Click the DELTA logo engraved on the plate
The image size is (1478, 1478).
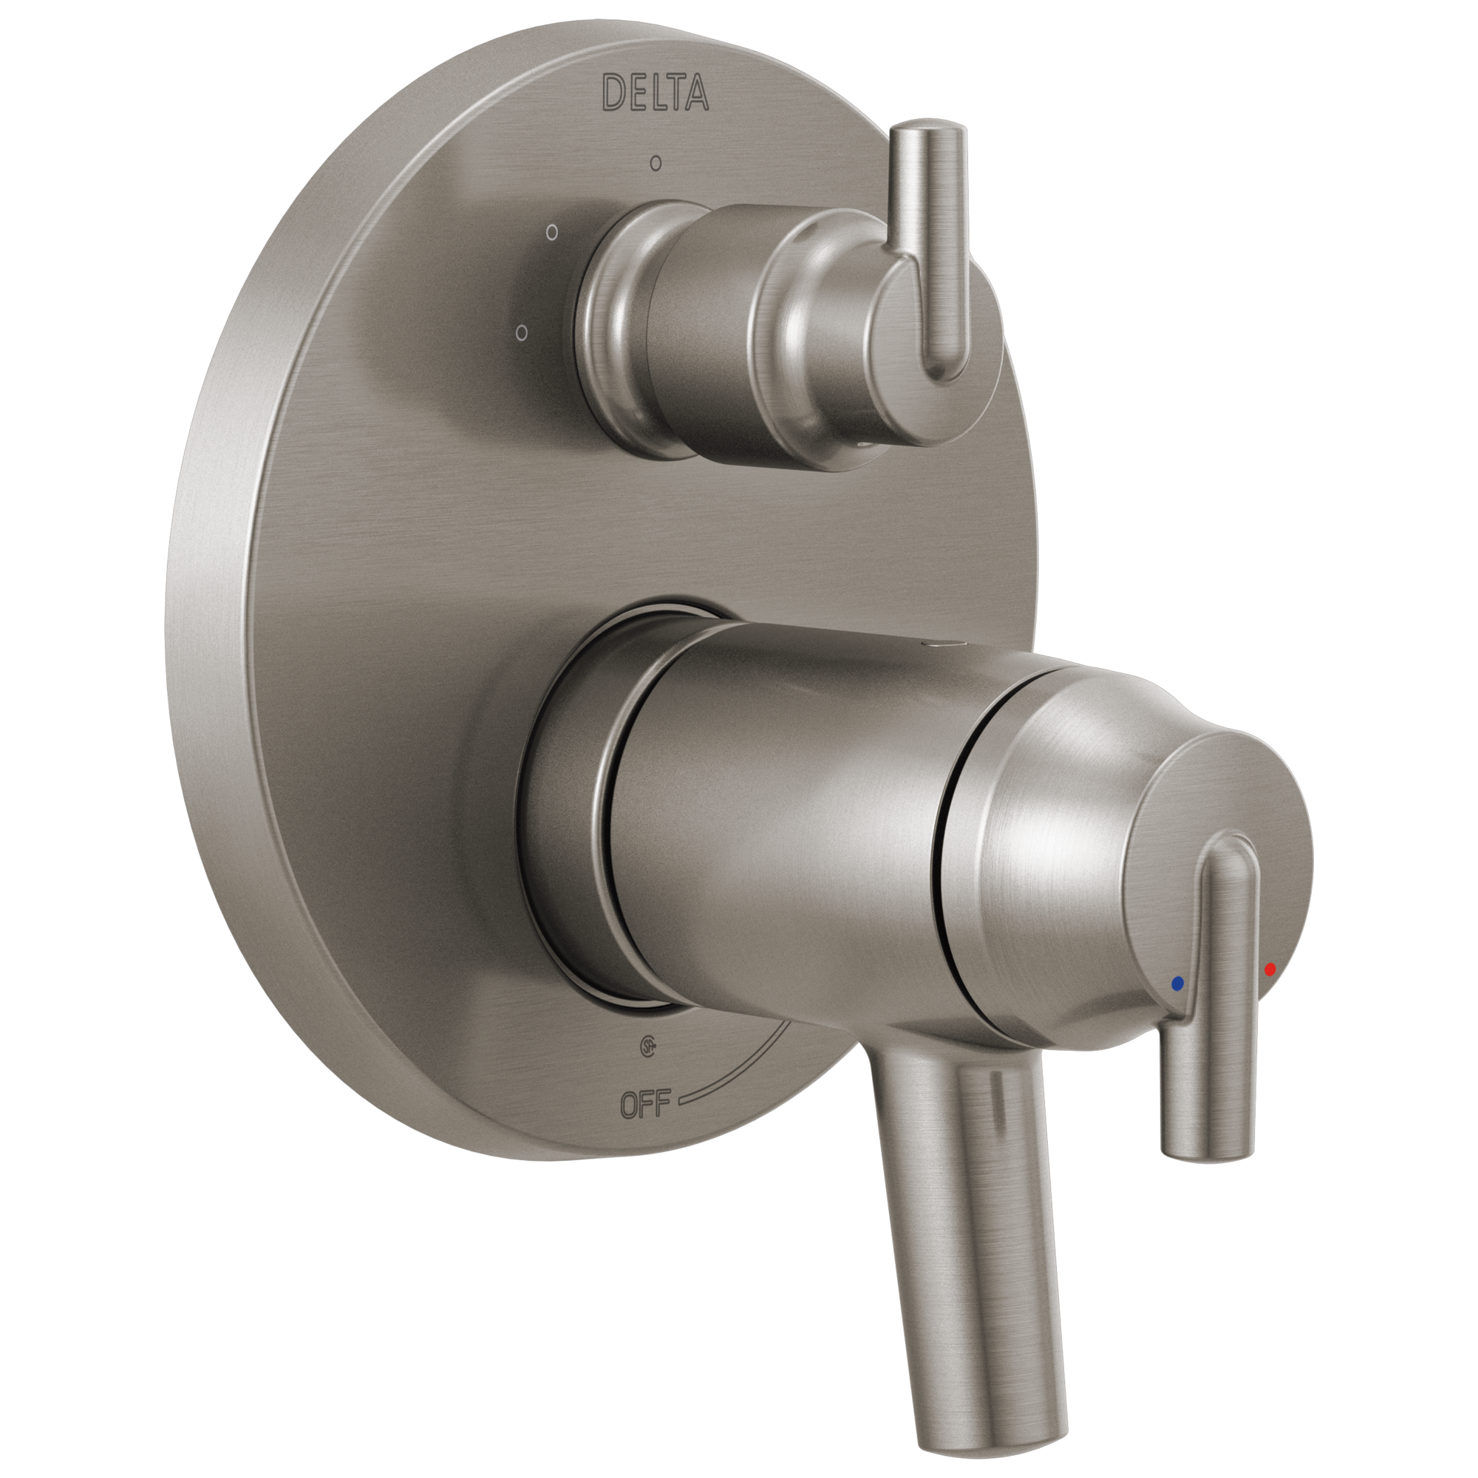pyautogui.click(x=655, y=93)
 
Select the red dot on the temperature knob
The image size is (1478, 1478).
pyautogui.click(x=1270, y=970)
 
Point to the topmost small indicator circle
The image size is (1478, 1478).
pyautogui.click(x=655, y=162)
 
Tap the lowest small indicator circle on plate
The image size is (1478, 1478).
pyautogui.click(x=522, y=333)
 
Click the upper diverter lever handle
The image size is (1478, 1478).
pyautogui.click(x=941, y=245)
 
